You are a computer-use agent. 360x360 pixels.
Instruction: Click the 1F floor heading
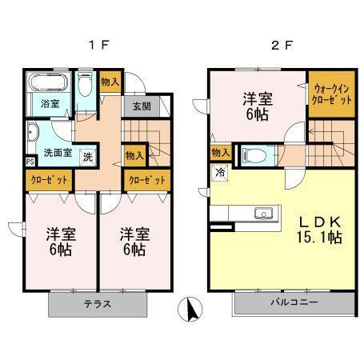(x=94, y=46)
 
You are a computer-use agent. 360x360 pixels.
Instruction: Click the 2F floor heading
(x=278, y=46)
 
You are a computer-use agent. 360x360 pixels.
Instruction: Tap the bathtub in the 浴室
(x=46, y=84)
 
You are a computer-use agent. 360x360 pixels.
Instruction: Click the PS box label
(x=30, y=161)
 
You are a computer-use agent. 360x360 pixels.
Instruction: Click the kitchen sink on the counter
(x=262, y=213)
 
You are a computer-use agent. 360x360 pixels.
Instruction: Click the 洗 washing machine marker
(x=89, y=155)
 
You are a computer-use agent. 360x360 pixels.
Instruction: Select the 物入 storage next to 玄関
(x=110, y=81)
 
